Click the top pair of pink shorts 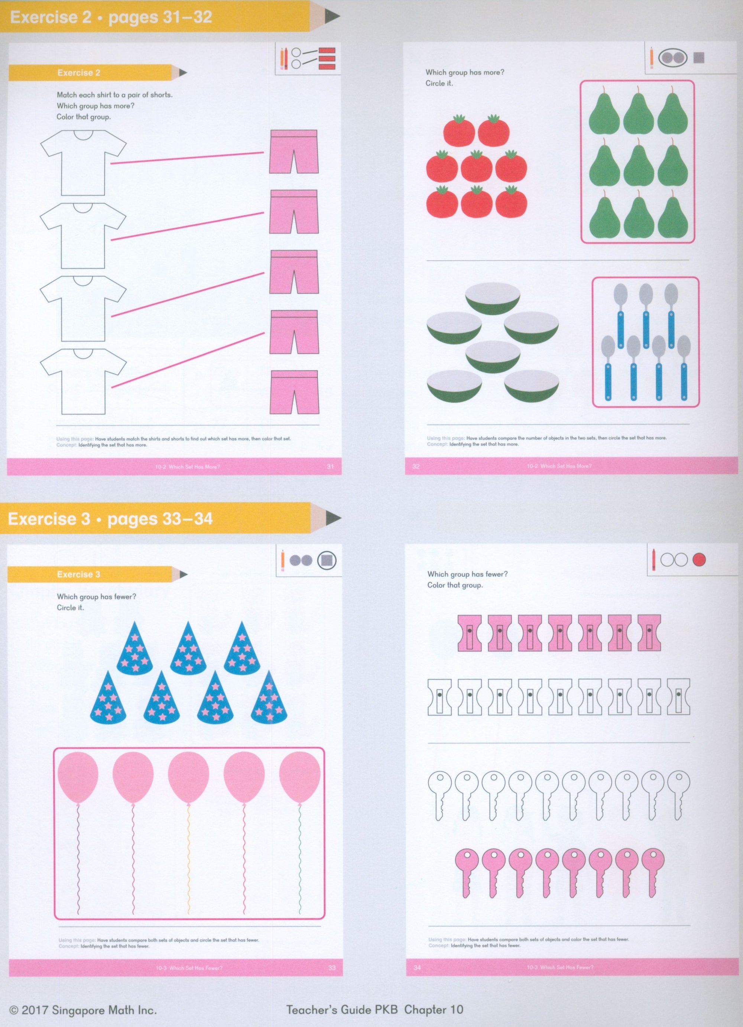pos(294,152)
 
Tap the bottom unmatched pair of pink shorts pos(294,392)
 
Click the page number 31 pos(330,467)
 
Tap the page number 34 pos(417,967)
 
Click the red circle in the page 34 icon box pos(699,560)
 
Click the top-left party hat pos(134,649)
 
